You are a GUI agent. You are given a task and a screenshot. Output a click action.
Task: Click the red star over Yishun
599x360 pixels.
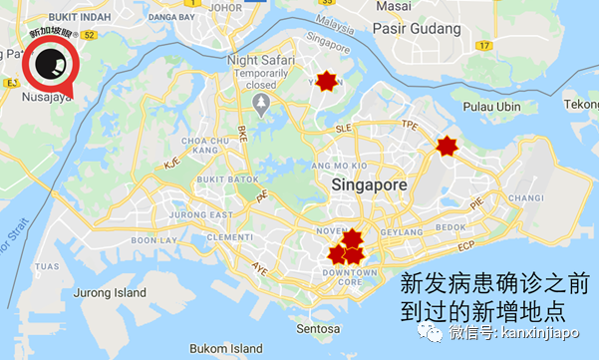[x=325, y=82]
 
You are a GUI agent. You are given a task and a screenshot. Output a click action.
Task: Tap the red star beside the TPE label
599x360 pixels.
[x=447, y=147]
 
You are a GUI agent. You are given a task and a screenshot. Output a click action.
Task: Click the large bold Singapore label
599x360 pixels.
[x=369, y=185]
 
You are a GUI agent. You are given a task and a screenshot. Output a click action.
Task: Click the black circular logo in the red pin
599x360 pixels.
[x=46, y=66]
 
